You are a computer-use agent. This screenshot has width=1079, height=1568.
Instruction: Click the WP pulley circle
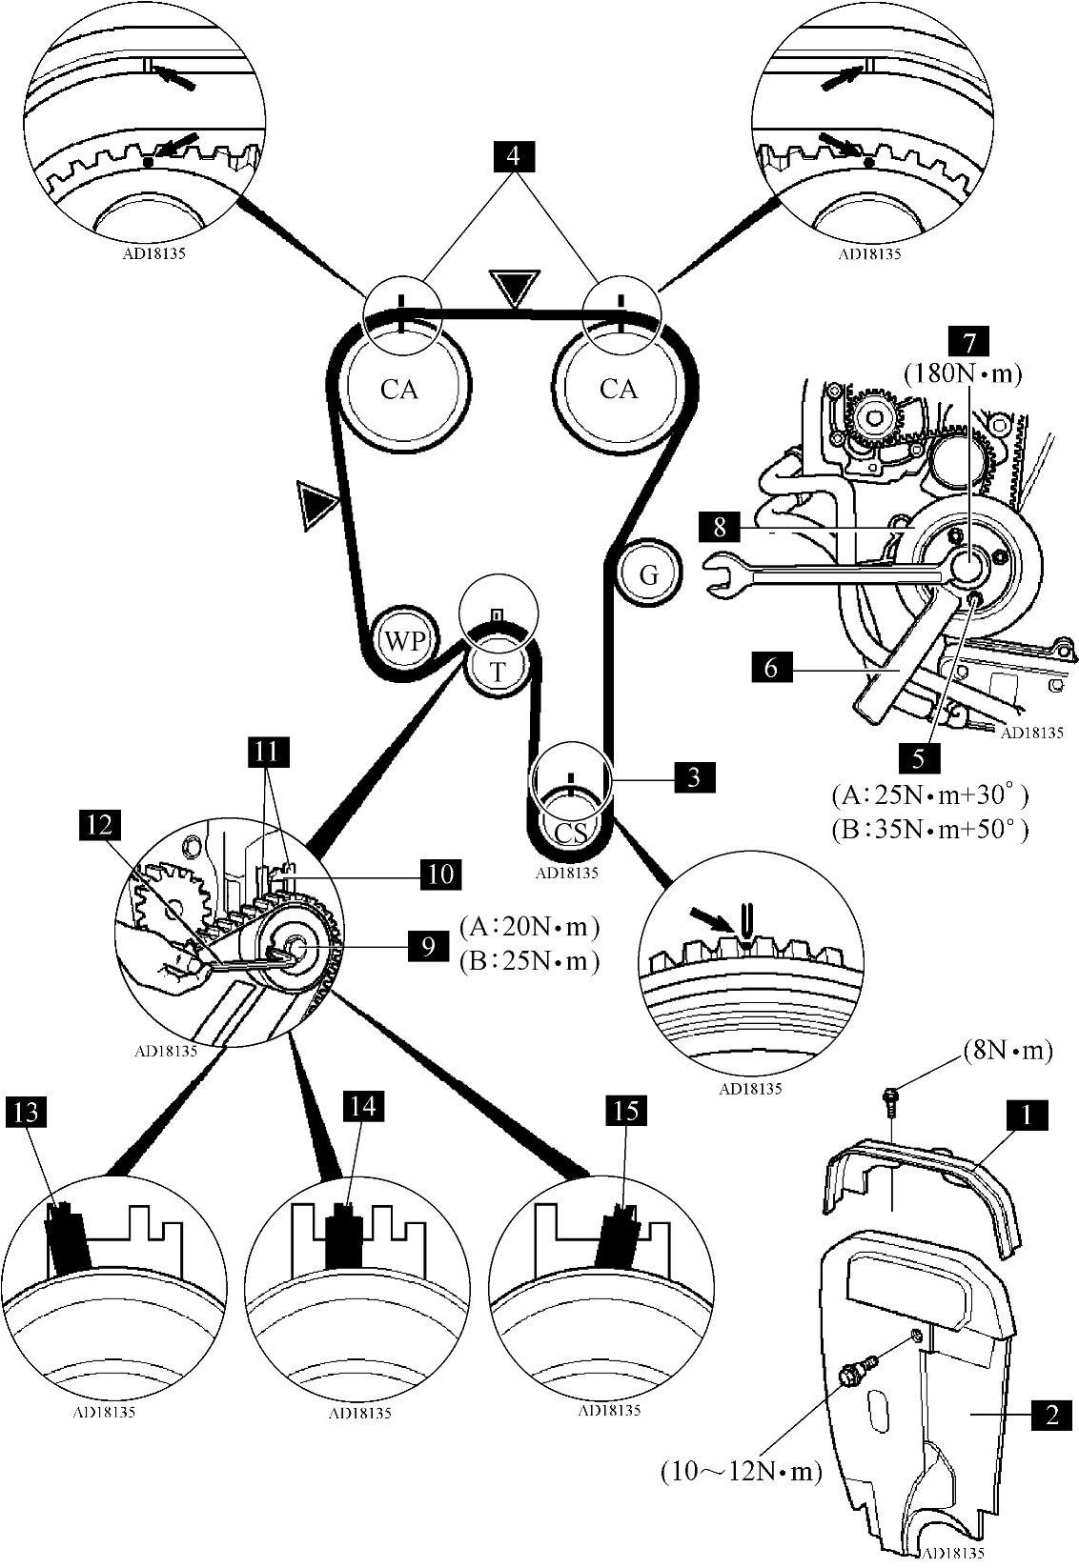[405, 640]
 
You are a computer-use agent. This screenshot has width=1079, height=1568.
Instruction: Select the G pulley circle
[649, 574]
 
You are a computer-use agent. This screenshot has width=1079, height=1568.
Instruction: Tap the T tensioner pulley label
[498, 671]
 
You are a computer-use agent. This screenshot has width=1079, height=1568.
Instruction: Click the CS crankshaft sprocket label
[571, 832]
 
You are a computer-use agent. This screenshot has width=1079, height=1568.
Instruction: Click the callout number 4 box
[514, 157]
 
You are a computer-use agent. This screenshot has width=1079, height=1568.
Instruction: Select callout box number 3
[695, 777]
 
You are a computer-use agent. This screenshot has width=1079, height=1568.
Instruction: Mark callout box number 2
[1051, 1414]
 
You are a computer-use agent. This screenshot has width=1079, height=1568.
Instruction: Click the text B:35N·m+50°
[929, 829]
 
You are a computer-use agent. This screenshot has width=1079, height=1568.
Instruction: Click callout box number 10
[439, 873]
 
